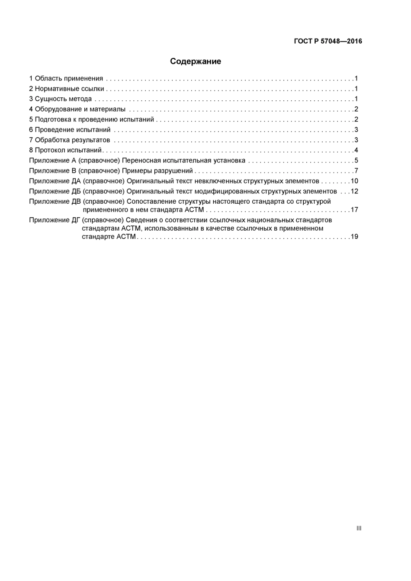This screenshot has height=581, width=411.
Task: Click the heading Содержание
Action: click(196, 61)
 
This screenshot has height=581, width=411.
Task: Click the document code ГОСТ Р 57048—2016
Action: click(328, 42)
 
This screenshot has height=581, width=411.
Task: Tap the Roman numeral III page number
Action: click(359, 528)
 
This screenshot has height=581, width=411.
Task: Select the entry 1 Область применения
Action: click(66, 79)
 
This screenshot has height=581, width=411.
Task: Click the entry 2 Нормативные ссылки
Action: click(67, 89)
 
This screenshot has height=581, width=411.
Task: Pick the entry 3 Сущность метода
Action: click(61, 99)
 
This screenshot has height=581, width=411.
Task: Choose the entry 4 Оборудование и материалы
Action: click(77, 109)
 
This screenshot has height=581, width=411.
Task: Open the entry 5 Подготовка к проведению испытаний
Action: click(92, 120)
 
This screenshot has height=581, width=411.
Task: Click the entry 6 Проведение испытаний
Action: click(70, 130)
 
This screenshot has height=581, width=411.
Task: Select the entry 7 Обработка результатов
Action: click(70, 140)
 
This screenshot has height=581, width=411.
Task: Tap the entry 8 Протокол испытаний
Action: click(65, 151)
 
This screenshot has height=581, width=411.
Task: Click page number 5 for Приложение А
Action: click(356, 160)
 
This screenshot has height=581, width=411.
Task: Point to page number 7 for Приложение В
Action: click(356, 171)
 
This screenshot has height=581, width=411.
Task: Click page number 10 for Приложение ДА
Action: click(354, 181)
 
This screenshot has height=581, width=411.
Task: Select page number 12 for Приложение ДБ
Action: click(354, 191)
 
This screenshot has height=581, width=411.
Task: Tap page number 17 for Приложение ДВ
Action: click(354, 210)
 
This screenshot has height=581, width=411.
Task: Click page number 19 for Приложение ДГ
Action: click(354, 237)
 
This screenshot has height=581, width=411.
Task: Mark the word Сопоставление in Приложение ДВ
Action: click(151, 202)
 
